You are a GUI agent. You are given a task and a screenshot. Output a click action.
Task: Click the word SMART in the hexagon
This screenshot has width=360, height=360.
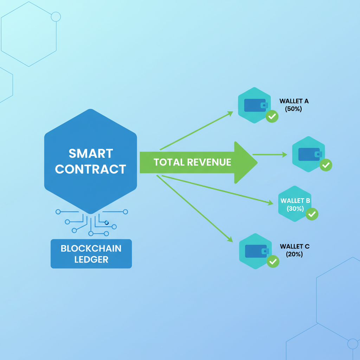coord(91,154)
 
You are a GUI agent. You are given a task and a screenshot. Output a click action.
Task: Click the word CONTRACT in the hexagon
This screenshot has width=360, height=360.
coord(91,169)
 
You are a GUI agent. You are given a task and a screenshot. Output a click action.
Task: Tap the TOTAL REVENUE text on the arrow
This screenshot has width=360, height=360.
coord(192,162)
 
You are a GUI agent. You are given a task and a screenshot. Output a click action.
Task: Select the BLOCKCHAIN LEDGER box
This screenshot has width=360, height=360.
coord(91,254)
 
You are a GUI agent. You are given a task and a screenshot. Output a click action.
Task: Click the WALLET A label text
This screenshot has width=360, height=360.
coord(294,101)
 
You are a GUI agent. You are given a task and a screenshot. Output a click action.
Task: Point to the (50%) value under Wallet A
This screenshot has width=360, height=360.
coord(294,109)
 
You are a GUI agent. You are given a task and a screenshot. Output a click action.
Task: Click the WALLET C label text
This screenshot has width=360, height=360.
coord(295,246)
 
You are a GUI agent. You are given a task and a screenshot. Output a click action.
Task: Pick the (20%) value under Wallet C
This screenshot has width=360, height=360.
coord(294,254)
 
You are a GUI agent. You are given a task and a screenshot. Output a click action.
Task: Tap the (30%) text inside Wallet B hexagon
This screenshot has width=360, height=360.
coord(295,208)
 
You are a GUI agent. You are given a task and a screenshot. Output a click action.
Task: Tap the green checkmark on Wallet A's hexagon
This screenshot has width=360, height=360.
coord(272,116)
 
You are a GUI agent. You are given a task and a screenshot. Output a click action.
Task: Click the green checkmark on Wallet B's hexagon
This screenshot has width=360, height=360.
coord(312,214)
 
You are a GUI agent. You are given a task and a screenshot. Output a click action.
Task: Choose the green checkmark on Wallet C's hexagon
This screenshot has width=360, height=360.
coord(273,261)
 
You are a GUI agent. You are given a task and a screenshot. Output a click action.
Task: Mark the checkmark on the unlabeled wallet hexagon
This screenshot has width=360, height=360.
coord(326,165)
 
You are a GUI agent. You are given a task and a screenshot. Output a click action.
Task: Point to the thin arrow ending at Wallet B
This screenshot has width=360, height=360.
coord(218,190)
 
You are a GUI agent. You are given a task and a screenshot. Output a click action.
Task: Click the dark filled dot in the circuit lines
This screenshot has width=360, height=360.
coord(107,223)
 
